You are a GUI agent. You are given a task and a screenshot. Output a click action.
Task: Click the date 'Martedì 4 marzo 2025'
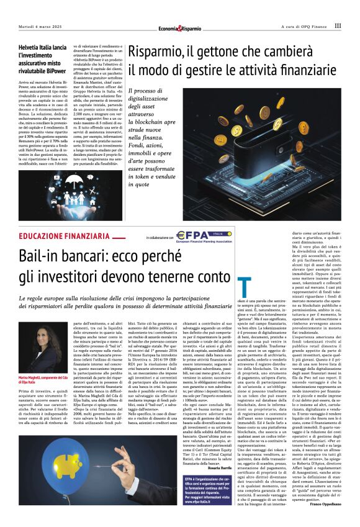tap(40, 26)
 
